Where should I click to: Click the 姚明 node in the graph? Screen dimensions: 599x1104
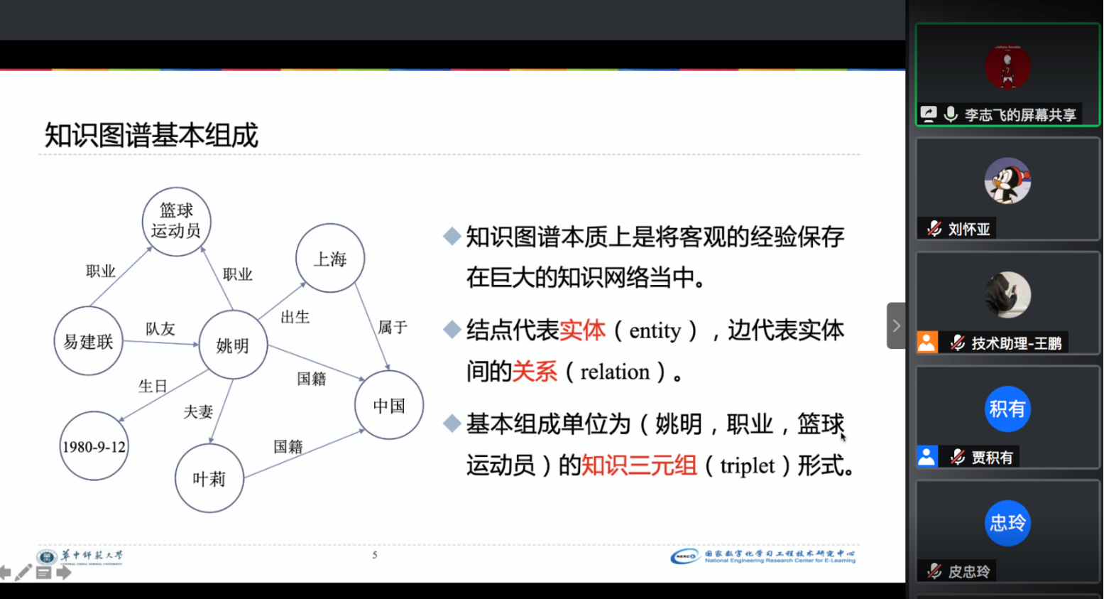coord(233,345)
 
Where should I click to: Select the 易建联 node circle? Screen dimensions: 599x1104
coord(89,342)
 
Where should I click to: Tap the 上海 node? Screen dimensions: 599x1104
coord(330,259)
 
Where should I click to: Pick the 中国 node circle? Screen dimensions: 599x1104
coord(389,406)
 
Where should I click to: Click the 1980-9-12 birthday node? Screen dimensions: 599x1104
coord(94,447)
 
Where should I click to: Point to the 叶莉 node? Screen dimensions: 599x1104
coord(209,479)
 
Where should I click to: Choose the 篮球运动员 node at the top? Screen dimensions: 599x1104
coord(176,221)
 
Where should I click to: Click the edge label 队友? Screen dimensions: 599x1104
coord(160,329)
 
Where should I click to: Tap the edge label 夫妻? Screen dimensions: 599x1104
coord(198,412)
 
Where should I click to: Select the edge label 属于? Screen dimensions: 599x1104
coord(393,328)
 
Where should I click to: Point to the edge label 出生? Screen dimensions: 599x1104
coord(295,317)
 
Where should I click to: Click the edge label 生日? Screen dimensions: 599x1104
coord(153,386)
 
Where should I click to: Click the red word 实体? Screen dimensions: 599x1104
coord(582,330)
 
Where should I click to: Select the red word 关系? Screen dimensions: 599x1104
coord(535,372)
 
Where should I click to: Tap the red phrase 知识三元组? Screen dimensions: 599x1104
coord(639,465)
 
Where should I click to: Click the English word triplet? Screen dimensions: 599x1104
coord(747,466)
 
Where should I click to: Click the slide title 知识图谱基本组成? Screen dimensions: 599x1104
coord(151,135)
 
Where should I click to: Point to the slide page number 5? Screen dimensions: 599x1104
coord(375,555)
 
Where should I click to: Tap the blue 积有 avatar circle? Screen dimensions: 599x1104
coord(1007,409)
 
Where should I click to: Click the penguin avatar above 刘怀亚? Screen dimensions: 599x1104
coord(1007,181)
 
